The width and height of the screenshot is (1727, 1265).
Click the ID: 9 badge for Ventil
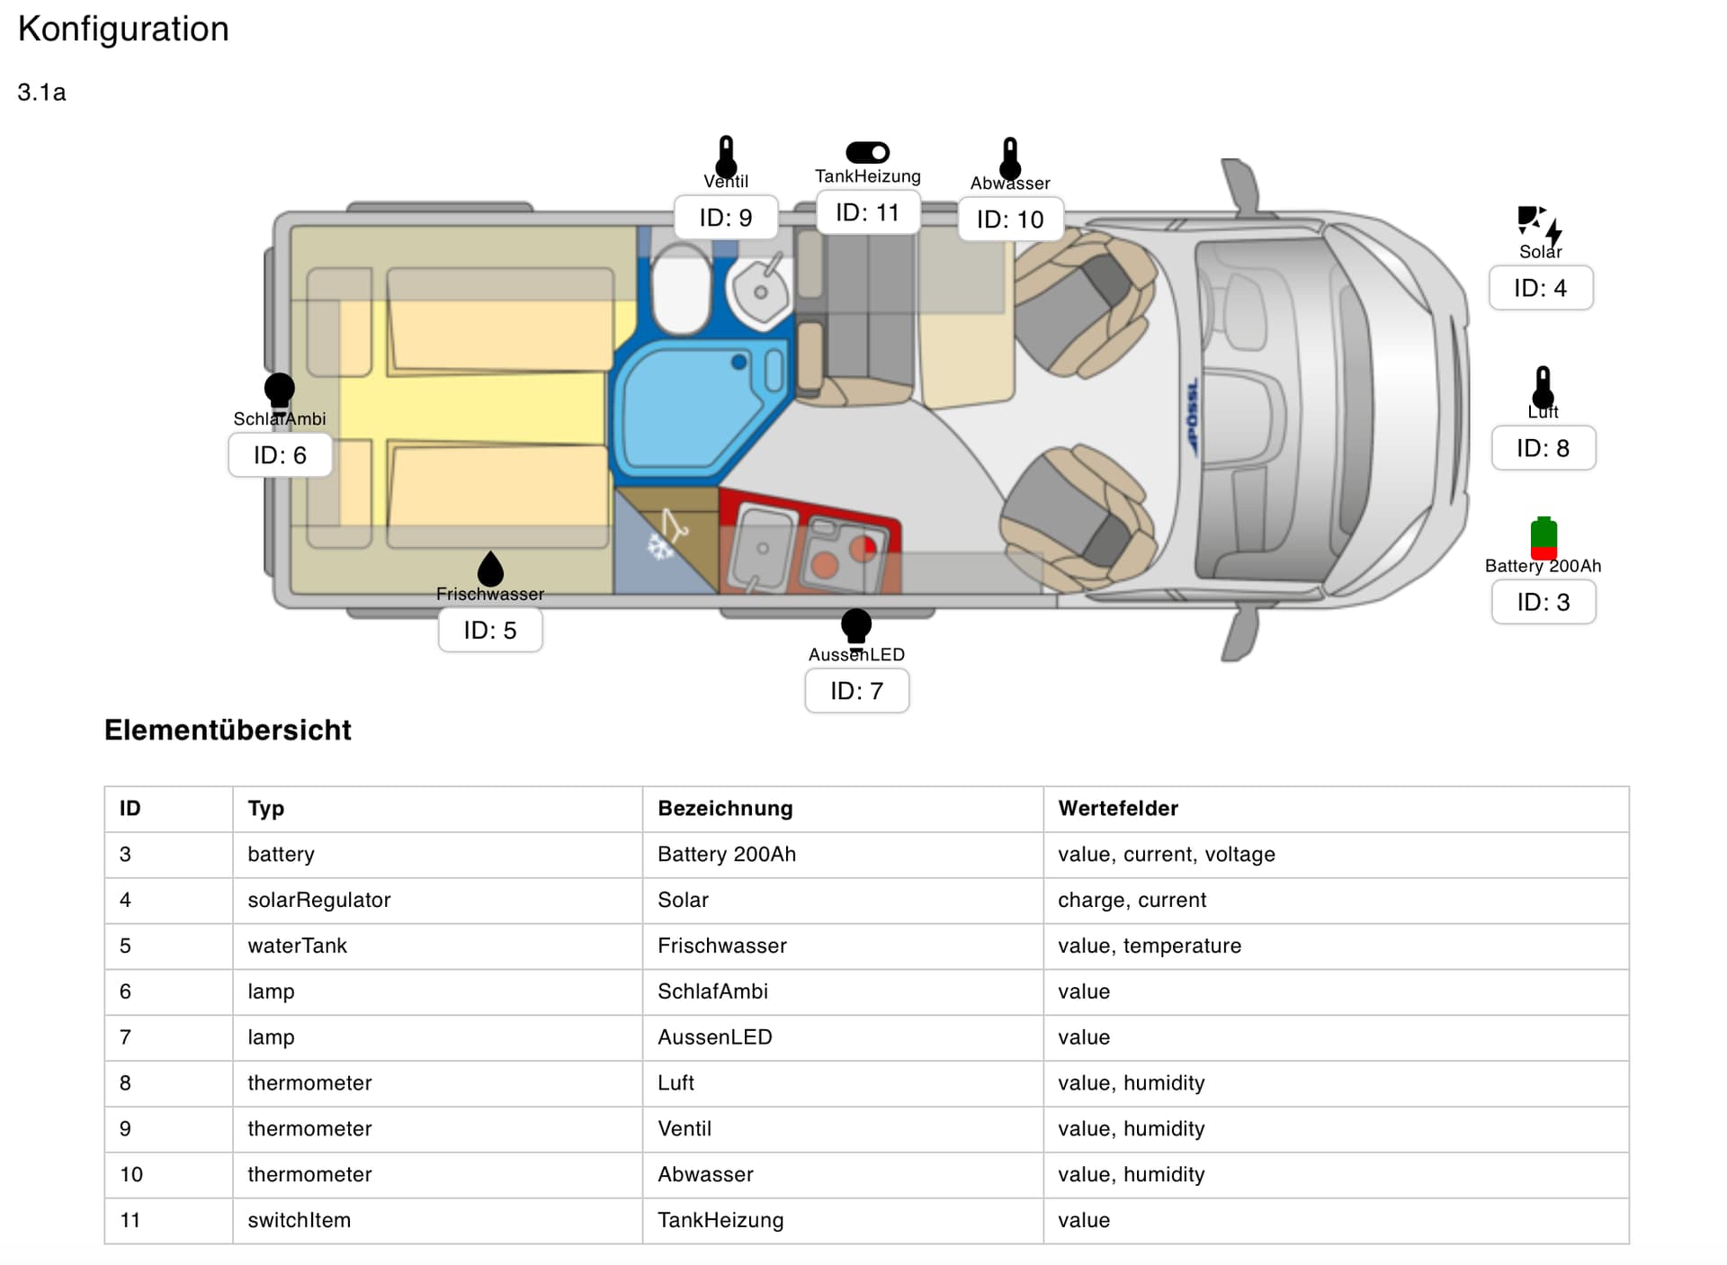point(725,218)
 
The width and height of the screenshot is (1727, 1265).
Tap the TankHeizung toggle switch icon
point(867,152)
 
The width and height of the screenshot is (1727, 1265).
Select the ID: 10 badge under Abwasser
point(1009,220)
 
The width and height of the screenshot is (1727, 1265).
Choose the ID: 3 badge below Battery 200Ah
point(1543,602)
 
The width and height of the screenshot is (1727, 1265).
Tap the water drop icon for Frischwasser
point(490,569)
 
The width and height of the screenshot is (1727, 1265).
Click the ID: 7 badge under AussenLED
point(856,691)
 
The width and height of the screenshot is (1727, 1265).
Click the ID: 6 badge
point(280,455)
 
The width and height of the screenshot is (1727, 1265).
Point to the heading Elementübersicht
point(228,730)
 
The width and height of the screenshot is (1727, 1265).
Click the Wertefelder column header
point(1118,808)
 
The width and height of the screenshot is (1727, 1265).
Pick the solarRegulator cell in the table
point(319,900)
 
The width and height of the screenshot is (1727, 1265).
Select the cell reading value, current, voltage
point(1166,854)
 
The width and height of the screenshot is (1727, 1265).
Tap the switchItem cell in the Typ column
point(299,1220)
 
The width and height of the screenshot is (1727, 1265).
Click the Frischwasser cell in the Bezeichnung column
point(721,946)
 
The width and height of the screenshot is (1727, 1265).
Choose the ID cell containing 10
point(131,1174)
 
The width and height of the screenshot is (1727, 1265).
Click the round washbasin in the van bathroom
point(760,291)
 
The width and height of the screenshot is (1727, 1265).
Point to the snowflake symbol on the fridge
point(661,545)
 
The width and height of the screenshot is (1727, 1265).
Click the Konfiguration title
point(123,29)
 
